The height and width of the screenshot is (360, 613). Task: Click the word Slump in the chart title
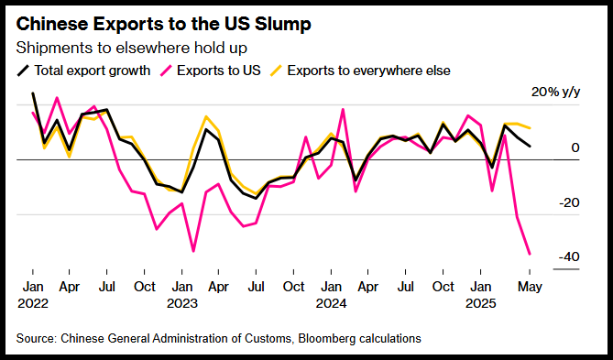point(282,25)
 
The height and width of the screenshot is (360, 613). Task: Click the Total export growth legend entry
point(83,71)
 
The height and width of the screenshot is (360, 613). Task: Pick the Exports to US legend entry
point(211,71)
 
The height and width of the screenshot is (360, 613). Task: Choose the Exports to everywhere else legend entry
point(360,71)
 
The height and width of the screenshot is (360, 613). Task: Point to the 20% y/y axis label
point(555,93)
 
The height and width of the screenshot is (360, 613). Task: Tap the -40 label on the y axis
point(569,257)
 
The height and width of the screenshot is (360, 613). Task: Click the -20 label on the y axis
point(569,202)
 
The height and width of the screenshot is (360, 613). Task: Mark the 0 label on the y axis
point(575,148)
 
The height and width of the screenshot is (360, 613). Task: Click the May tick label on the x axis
point(530,287)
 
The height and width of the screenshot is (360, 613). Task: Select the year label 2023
point(182,304)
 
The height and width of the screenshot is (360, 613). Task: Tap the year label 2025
point(480,304)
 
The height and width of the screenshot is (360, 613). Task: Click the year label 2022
point(33,304)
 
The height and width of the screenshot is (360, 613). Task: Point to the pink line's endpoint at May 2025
point(530,255)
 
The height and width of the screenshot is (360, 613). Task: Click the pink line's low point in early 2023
point(193,251)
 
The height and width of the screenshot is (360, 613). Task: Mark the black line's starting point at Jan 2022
point(33,93)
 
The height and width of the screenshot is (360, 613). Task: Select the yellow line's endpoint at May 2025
point(530,128)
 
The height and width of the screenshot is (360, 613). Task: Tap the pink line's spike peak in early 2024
point(343,109)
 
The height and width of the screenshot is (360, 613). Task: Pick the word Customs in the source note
point(273,339)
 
